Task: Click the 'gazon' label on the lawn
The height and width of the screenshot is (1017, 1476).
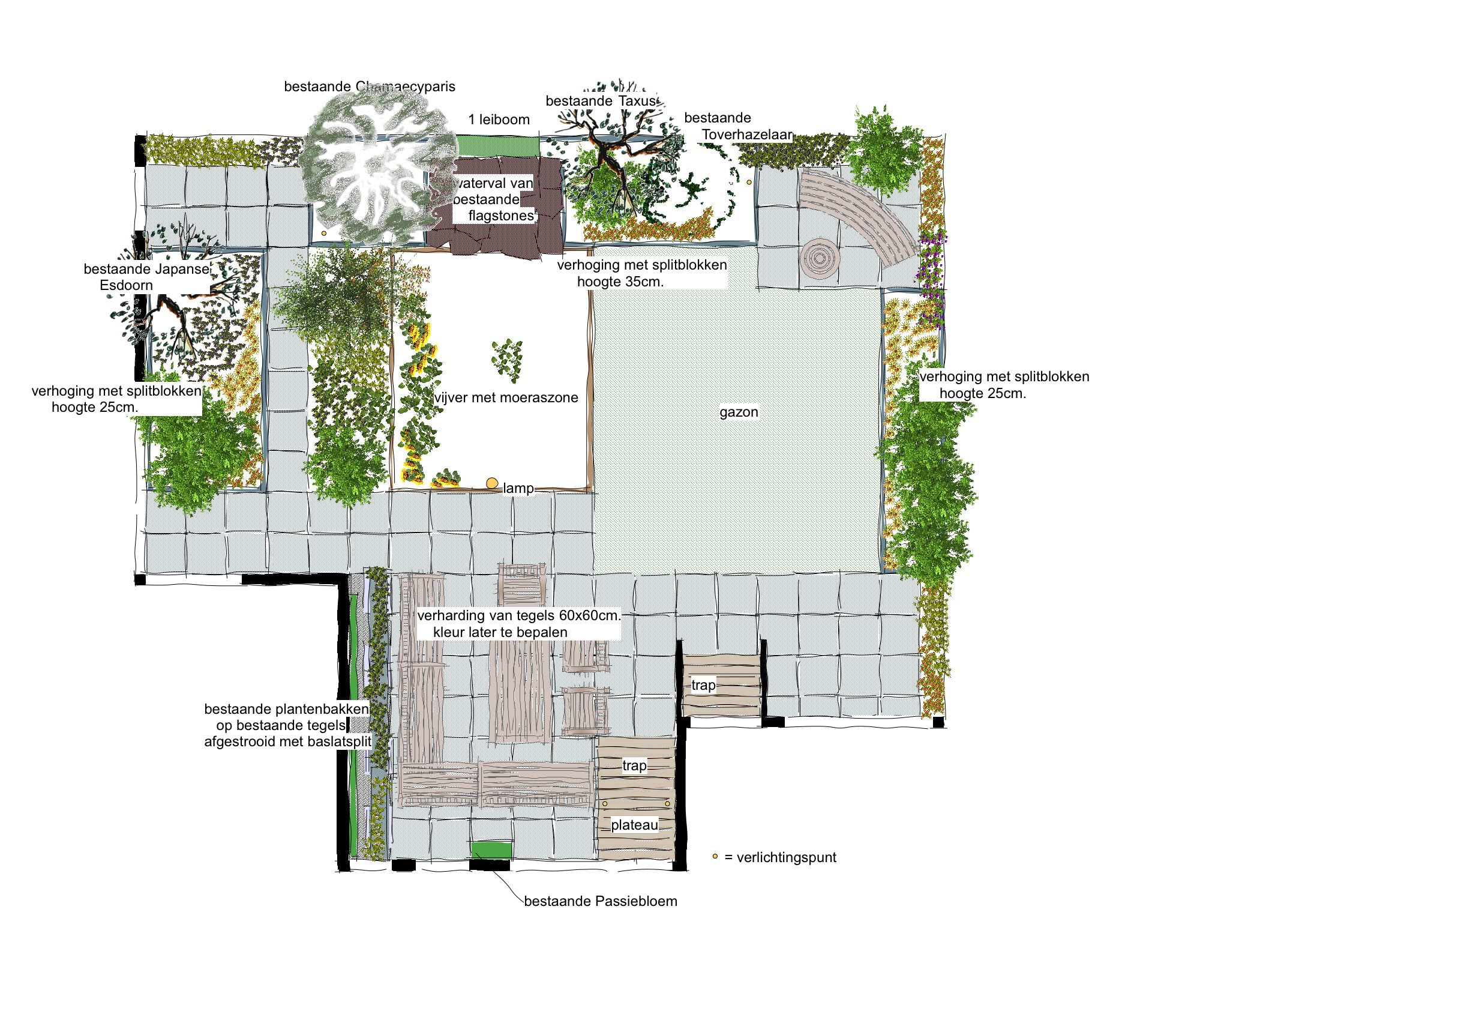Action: pyautogui.click(x=739, y=412)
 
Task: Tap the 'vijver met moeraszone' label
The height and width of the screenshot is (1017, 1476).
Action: pyautogui.click(x=506, y=397)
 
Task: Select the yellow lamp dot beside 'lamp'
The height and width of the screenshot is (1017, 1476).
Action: pyautogui.click(x=491, y=484)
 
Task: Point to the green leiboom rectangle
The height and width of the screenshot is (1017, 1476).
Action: pyautogui.click(x=497, y=145)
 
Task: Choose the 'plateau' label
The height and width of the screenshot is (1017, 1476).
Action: pyautogui.click(x=634, y=825)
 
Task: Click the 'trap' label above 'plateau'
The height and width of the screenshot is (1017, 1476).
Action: pyautogui.click(x=634, y=765)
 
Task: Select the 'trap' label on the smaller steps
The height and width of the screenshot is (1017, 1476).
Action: pyautogui.click(x=704, y=685)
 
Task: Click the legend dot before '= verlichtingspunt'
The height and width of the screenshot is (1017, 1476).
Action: pyautogui.click(x=715, y=857)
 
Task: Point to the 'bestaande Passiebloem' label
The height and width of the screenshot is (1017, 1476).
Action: pyautogui.click(x=601, y=901)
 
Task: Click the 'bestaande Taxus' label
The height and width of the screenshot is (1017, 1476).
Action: pyautogui.click(x=602, y=101)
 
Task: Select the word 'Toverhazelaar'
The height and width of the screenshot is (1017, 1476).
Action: pyautogui.click(x=748, y=134)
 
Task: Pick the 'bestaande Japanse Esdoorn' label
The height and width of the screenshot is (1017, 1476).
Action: pyautogui.click(x=146, y=277)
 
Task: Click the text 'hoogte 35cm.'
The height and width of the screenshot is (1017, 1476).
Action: pyautogui.click(x=620, y=282)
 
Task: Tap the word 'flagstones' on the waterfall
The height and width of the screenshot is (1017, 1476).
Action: pyautogui.click(x=501, y=216)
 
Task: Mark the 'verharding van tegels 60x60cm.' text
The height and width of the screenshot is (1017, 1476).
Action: pyautogui.click(x=518, y=615)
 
